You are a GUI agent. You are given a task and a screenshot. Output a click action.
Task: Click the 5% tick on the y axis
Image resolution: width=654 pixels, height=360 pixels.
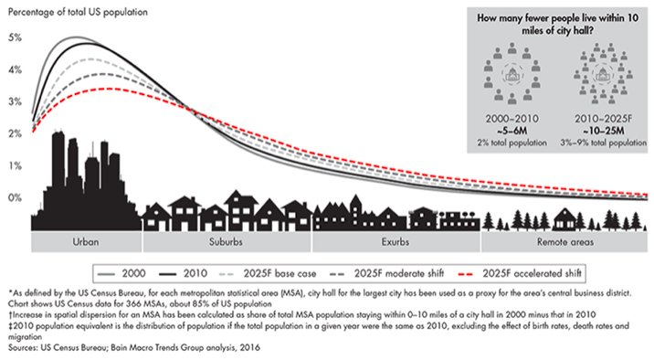(x=12, y=37)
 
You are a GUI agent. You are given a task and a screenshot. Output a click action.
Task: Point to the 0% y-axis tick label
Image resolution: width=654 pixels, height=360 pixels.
(x=12, y=197)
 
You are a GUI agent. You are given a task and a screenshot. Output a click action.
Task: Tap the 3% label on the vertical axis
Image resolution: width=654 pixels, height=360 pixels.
(x=12, y=101)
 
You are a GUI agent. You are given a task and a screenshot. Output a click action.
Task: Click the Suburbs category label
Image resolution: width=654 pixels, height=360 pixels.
(x=239, y=243)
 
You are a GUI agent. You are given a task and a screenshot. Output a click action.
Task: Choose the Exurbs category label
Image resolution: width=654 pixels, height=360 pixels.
(x=396, y=243)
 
